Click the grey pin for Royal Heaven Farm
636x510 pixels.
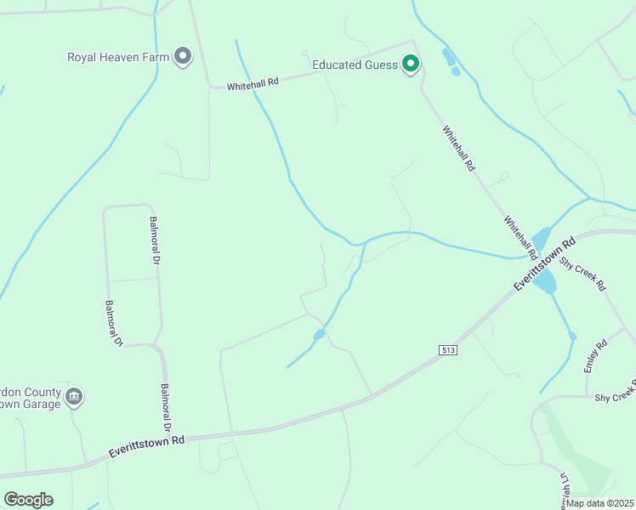(x=182, y=57)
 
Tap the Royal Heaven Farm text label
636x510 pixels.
(x=119, y=58)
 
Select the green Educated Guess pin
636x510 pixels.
(x=411, y=64)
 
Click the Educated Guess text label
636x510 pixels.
(x=355, y=64)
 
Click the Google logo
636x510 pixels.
(x=28, y=499)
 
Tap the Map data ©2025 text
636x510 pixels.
(x=600, y=503)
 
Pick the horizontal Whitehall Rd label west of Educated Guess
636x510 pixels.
(x=253, y=84)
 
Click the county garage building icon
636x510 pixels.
(x=74, y=395)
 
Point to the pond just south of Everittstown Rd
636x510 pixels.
(x=546, y=281)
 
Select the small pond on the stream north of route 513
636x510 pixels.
(x=319, y=335)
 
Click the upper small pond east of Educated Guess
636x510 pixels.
(x=448, y=57)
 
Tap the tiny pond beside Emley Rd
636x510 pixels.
(x=573, y=337)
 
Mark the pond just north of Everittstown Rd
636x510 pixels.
(x=541, y=240)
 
